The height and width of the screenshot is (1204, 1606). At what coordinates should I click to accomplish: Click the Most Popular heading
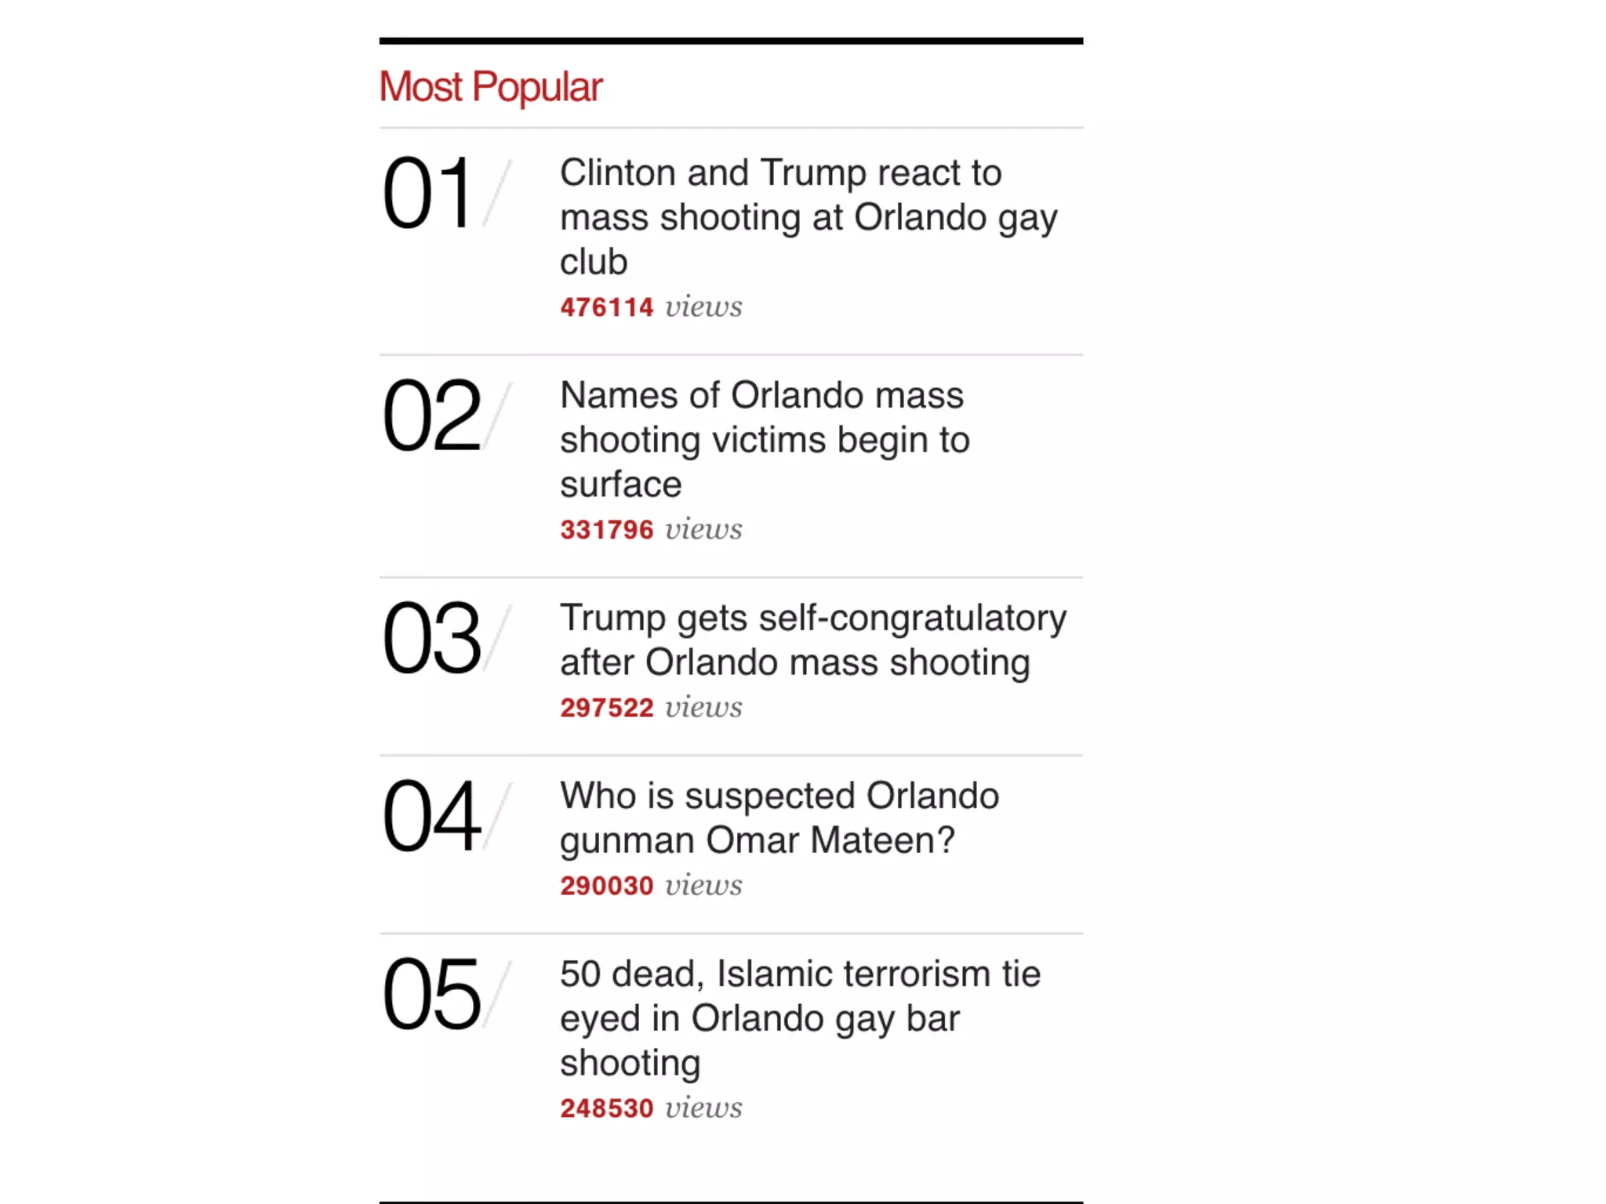(491, 87)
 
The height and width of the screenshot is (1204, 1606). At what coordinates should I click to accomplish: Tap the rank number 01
(427, 193)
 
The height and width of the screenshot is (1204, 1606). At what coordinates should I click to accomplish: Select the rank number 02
(431, 415)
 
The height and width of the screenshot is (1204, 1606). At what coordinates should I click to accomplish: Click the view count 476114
(606, 307)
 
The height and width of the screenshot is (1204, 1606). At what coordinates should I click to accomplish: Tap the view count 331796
(606, 530)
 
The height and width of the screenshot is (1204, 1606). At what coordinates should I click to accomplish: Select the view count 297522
(606, 708)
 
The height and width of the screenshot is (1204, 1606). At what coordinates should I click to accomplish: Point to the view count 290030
(606, 886)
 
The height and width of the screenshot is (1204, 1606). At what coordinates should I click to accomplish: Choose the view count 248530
(606, 1108)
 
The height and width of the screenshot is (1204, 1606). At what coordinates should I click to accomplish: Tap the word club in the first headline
(594, 262)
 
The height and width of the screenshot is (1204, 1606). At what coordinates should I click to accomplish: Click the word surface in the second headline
(620, 484)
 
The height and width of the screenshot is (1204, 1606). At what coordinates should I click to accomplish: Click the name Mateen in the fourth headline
(882, 840)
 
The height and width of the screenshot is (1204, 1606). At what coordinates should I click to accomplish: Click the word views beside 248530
(703, 1108)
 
